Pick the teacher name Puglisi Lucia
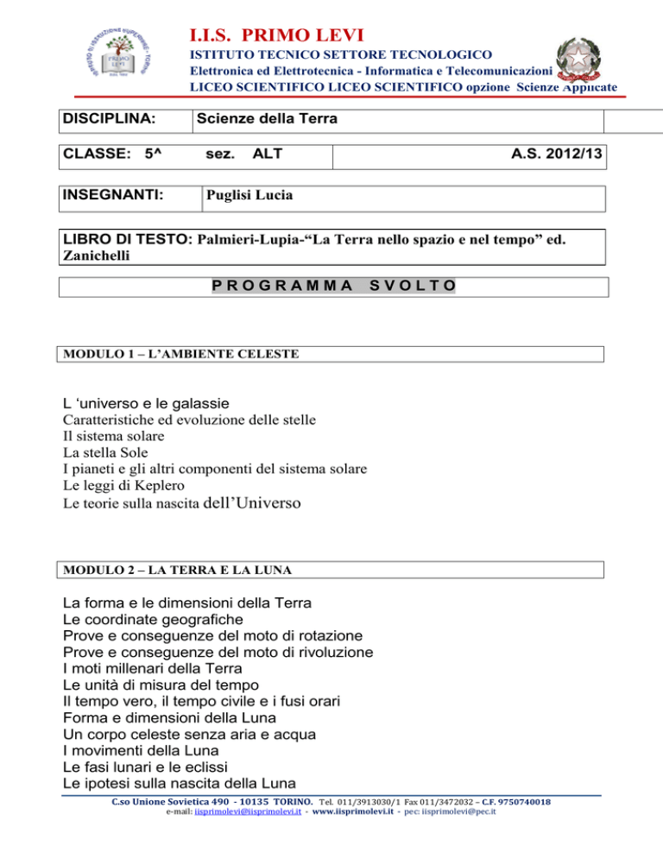coord(248,195)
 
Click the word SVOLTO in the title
coord(413,285)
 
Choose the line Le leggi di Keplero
coord(123,485)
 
